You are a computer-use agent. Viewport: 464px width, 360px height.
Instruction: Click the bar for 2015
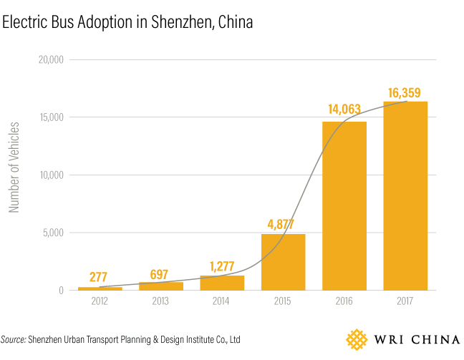point(283,262)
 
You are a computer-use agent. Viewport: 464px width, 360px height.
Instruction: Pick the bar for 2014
point(222,283)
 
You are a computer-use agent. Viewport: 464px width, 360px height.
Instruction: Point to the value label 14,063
point(344,110)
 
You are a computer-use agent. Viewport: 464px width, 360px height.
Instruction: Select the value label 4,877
point(283,223)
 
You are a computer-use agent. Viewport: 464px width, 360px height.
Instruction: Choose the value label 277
point(100,277)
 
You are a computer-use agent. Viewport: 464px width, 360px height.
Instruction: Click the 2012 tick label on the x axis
point(100,301)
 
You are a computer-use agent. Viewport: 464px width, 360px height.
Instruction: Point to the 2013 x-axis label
point(161,301)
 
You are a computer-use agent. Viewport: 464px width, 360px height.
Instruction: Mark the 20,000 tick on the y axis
point(51,59)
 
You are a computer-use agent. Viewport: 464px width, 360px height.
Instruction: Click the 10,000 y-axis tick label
point(51,175)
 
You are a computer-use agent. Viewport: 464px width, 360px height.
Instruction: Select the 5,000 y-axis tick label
point(53,233)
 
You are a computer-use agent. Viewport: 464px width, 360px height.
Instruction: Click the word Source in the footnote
point(12,339)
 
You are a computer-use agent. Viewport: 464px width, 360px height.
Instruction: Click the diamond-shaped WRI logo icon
point(357,339)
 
